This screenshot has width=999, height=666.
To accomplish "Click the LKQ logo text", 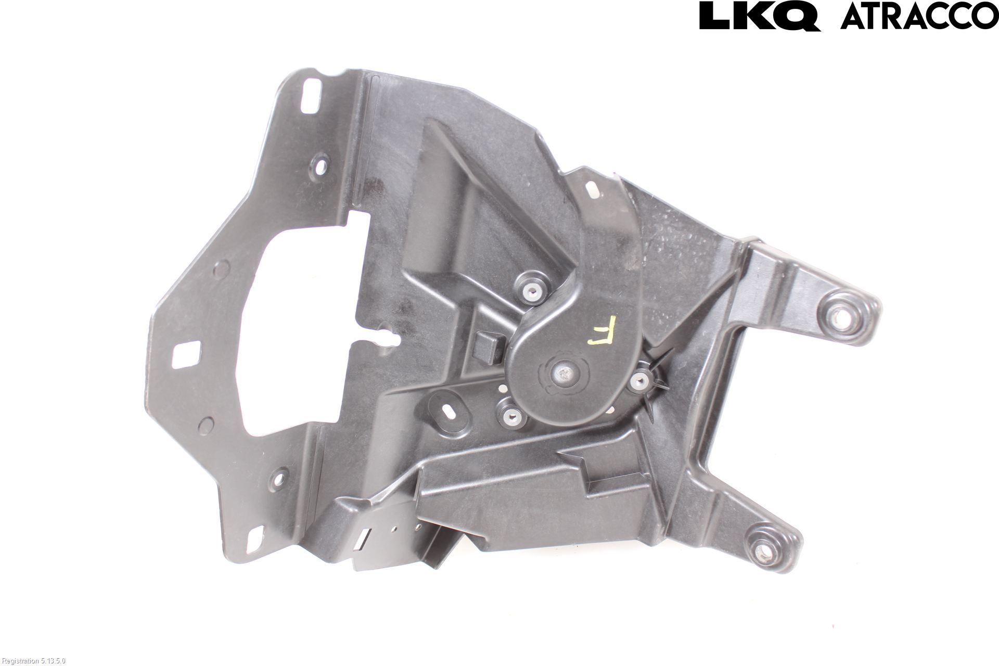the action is tap(760, 16).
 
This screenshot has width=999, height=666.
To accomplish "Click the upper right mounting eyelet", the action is tap(838, 315).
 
